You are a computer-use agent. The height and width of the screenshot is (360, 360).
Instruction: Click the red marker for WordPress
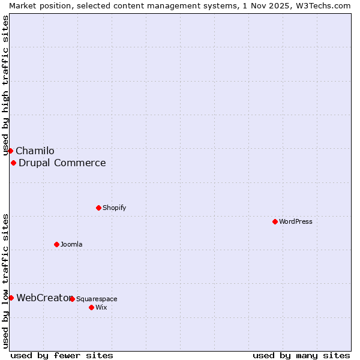pos(275,221)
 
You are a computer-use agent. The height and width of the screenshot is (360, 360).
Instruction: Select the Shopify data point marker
pos(98,208)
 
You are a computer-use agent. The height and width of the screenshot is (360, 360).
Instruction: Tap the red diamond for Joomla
pos(56,244)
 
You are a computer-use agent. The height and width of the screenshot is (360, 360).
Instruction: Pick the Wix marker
pos(91,307)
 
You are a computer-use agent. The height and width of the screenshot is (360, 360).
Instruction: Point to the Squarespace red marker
pos(72,299)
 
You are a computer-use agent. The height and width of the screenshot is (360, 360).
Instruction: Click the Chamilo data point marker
pos(10,151)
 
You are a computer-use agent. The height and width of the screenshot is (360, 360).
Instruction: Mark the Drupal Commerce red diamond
pos(13,163)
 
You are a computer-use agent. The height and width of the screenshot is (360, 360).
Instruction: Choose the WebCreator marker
pos(11,298)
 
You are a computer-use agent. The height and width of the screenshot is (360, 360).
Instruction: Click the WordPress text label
pos(296,222)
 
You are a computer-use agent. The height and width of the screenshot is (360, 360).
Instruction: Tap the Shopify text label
pos(114,208)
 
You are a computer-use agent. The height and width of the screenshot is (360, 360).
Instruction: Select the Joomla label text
pos(71,245)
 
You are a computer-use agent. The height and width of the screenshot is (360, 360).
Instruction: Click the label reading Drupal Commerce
pos(62,163)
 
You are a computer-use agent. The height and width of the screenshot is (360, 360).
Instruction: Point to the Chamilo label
pos(35,151)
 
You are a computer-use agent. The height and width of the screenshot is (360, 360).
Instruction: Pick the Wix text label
pos(101,308)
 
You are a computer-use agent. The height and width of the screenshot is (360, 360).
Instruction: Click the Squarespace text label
pos(97,299)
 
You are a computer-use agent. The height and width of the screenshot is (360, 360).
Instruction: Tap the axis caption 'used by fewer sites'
pos(62,356)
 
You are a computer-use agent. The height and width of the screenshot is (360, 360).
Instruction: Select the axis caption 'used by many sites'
pos(301,356)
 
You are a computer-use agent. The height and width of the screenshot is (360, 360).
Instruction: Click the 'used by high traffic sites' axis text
pos(6,85)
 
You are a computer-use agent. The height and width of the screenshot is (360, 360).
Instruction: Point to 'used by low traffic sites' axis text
pos(6,281)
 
